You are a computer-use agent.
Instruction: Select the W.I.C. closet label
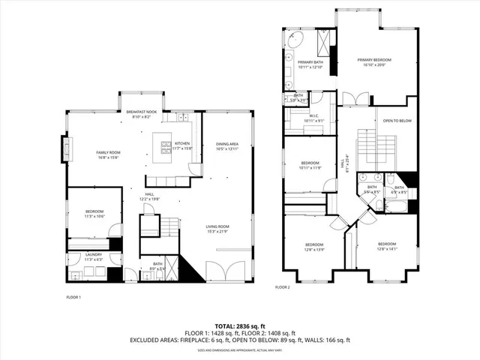click(313, 118)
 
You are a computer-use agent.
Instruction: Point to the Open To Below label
click(397, 121)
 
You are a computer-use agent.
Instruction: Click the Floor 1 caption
click(73, 298)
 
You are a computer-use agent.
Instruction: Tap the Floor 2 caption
click(282, 287)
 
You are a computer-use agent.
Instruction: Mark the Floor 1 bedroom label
click(94, 214)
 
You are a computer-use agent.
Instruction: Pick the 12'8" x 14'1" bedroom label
click(386, 246)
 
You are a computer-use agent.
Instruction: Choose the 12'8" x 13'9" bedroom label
click(313, 247)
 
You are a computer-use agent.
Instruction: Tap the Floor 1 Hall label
click(150, 195)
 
